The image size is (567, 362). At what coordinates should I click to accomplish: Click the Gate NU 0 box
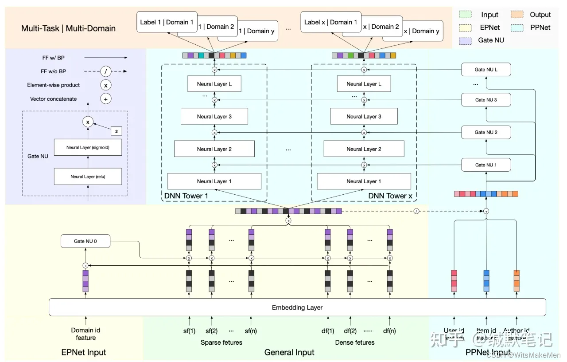tap(85, 242)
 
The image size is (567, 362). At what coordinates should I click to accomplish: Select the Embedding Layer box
tap(297, 307)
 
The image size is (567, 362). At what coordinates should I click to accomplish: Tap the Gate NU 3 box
tap(486, 100)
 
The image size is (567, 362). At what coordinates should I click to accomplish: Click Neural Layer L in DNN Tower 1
tap(214, 84)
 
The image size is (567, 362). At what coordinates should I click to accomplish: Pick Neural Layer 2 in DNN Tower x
tap(364, 149)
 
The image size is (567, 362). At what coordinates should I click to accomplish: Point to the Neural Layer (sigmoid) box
tap(88, 147)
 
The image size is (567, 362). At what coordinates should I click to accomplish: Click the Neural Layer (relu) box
tap(88, 177)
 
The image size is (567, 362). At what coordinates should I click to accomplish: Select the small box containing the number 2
tap(116, 132)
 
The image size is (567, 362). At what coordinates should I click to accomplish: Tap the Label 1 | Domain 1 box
tap(167, 22)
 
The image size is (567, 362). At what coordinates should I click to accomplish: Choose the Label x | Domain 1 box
tap(331, 22)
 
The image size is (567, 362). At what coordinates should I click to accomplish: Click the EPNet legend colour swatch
tap(465, 28)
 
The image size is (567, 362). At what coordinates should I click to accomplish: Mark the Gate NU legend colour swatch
tap(465, 40)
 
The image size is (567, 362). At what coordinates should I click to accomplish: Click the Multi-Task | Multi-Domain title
tap(68, 28)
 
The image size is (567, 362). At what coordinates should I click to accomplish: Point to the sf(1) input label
tap(189, 331)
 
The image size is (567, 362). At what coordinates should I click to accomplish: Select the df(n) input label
tap(389, 331)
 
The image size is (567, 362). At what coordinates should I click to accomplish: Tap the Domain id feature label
tap(85, 334)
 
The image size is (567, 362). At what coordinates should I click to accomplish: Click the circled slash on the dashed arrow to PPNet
tap(416, 211)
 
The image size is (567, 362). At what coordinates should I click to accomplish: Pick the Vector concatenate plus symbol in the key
tap(105, 99)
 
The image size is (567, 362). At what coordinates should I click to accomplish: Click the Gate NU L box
tap(486, 70)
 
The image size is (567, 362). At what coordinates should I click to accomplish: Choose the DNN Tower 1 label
tap(186, 196)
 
